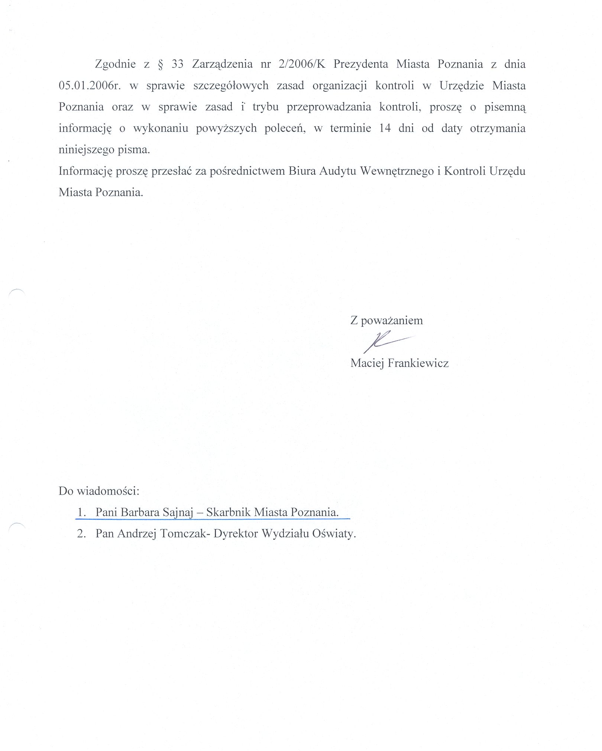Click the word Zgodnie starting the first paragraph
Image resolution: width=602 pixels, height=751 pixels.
(115, 65)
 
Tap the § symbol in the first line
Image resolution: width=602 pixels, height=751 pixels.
(161, 65)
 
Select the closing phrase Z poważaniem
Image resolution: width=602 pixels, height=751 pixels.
(386, 320)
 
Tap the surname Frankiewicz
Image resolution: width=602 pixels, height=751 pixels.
(418, 363)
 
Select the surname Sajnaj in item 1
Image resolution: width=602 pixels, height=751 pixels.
(177, 512)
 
